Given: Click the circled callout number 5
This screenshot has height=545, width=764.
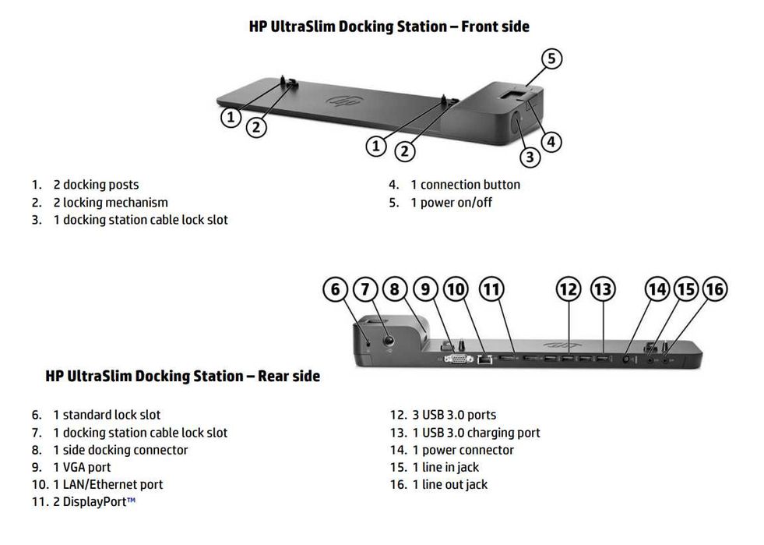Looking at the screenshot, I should [x=551, y=59].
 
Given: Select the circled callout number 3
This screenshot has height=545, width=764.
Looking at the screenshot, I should [x=530, y=157].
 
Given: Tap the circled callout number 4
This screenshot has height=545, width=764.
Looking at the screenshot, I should [x=551, y=142].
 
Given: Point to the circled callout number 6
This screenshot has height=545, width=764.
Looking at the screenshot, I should [x=335, y=290].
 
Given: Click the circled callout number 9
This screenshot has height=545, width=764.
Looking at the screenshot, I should [x=426, y=290].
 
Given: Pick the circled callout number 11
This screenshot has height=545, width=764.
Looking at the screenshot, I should [x=491, y=290].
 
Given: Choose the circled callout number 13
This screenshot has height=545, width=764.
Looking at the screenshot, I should [x=602, y=290].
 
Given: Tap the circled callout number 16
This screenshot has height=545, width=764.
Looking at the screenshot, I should [x=714, y=290].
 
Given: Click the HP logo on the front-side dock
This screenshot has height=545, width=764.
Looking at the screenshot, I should [x=340, y=101].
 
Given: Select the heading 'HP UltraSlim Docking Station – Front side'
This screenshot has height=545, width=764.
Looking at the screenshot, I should [x=389, y=27].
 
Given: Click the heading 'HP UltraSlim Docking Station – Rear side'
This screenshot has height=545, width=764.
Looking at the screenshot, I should [x=182, y=377].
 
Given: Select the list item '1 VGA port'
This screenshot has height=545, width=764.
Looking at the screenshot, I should [x=82, y=467].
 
